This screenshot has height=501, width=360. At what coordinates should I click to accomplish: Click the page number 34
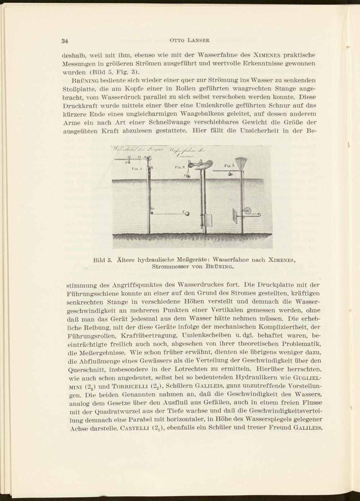[65, 40]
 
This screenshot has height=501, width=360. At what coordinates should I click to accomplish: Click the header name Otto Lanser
[189, 40]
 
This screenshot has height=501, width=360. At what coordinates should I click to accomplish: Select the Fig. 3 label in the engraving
[229, 166]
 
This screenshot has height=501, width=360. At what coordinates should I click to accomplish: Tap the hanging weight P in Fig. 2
[188, 175]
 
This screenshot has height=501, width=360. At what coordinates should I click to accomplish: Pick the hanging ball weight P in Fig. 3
[231, 174]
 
